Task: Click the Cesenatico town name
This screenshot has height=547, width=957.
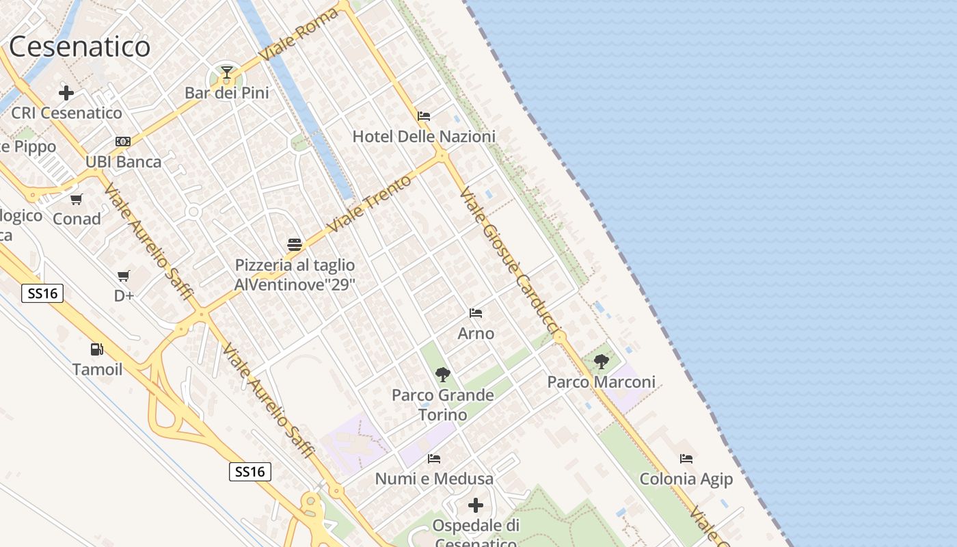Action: click(79, 46)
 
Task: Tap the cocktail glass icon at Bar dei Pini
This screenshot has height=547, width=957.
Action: click(226, 72)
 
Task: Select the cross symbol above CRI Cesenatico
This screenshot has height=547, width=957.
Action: click(66, 92)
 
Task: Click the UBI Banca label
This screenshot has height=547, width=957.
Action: click(124, 162)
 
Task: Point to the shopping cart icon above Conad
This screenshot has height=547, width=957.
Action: click(76, 200)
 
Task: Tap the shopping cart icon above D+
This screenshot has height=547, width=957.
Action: click(124, 276)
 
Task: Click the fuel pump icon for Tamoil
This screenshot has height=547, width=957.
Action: click(97, 349)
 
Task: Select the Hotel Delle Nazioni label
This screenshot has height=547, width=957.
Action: click(424, 137)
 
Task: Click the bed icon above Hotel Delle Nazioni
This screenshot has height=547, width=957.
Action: click(424, 116)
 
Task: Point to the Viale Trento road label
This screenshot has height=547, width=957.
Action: click(370, 203)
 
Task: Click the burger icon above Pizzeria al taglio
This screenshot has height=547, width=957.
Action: click(295, 245)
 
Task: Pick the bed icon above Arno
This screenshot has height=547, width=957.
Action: click(476, 313)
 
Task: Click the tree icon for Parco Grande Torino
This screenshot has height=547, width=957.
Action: click(443, 374)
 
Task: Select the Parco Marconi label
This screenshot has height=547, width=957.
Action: click(601, 382)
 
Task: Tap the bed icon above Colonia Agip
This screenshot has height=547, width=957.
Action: click(686, 459)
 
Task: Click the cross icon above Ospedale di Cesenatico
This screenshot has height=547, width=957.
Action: click(476, 505)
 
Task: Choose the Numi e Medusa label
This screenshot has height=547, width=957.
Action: click(434, 479)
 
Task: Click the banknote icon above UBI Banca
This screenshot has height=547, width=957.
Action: click(123, 142)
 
